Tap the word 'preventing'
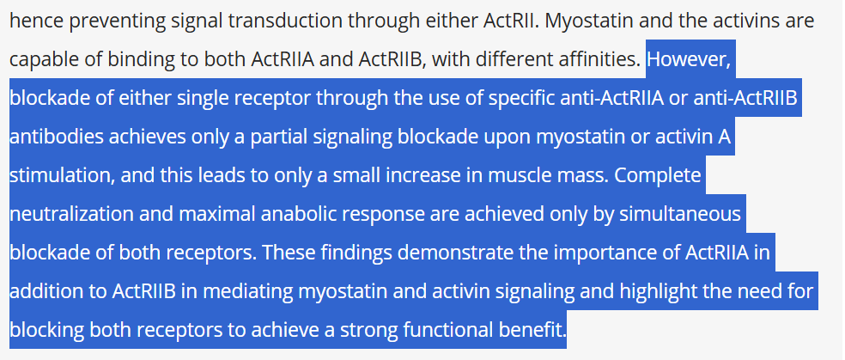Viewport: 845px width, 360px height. (x=110, y=21)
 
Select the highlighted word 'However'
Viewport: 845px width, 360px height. (x=689, y=60)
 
